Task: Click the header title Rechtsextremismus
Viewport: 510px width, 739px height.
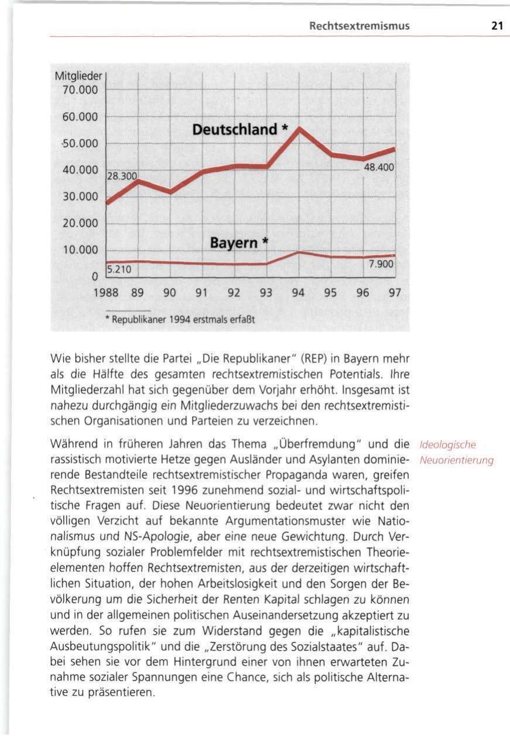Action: coord(359,26)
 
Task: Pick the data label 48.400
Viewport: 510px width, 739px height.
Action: coord(380,168)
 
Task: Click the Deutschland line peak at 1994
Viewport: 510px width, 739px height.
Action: coord(299,129)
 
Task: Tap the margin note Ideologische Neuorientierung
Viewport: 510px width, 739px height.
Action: coord(456,453)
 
